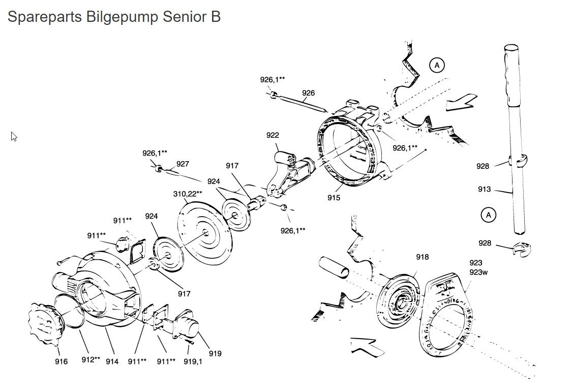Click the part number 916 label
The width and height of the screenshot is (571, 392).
(x=61, y=361)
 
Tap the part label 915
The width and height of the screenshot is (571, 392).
(x=334, y=198)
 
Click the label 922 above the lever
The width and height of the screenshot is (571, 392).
(x=273, y=135)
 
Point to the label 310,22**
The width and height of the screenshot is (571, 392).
(x=188, y=194)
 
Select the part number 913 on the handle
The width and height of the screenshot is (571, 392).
(x=484, y=189)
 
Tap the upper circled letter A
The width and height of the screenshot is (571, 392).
(x=436, y=65)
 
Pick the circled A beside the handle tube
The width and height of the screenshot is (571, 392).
(x=488, y=215)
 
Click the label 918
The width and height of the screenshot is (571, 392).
(x=422, y=257)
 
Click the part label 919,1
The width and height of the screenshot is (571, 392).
(x=193, y=361)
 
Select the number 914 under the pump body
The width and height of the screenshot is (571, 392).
(x=112, y=361)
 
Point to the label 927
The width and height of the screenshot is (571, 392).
(x=183, y=164)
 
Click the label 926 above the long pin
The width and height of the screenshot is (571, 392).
(x=308, y=93)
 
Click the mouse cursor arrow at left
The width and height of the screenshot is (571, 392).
(x=14, y=136)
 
